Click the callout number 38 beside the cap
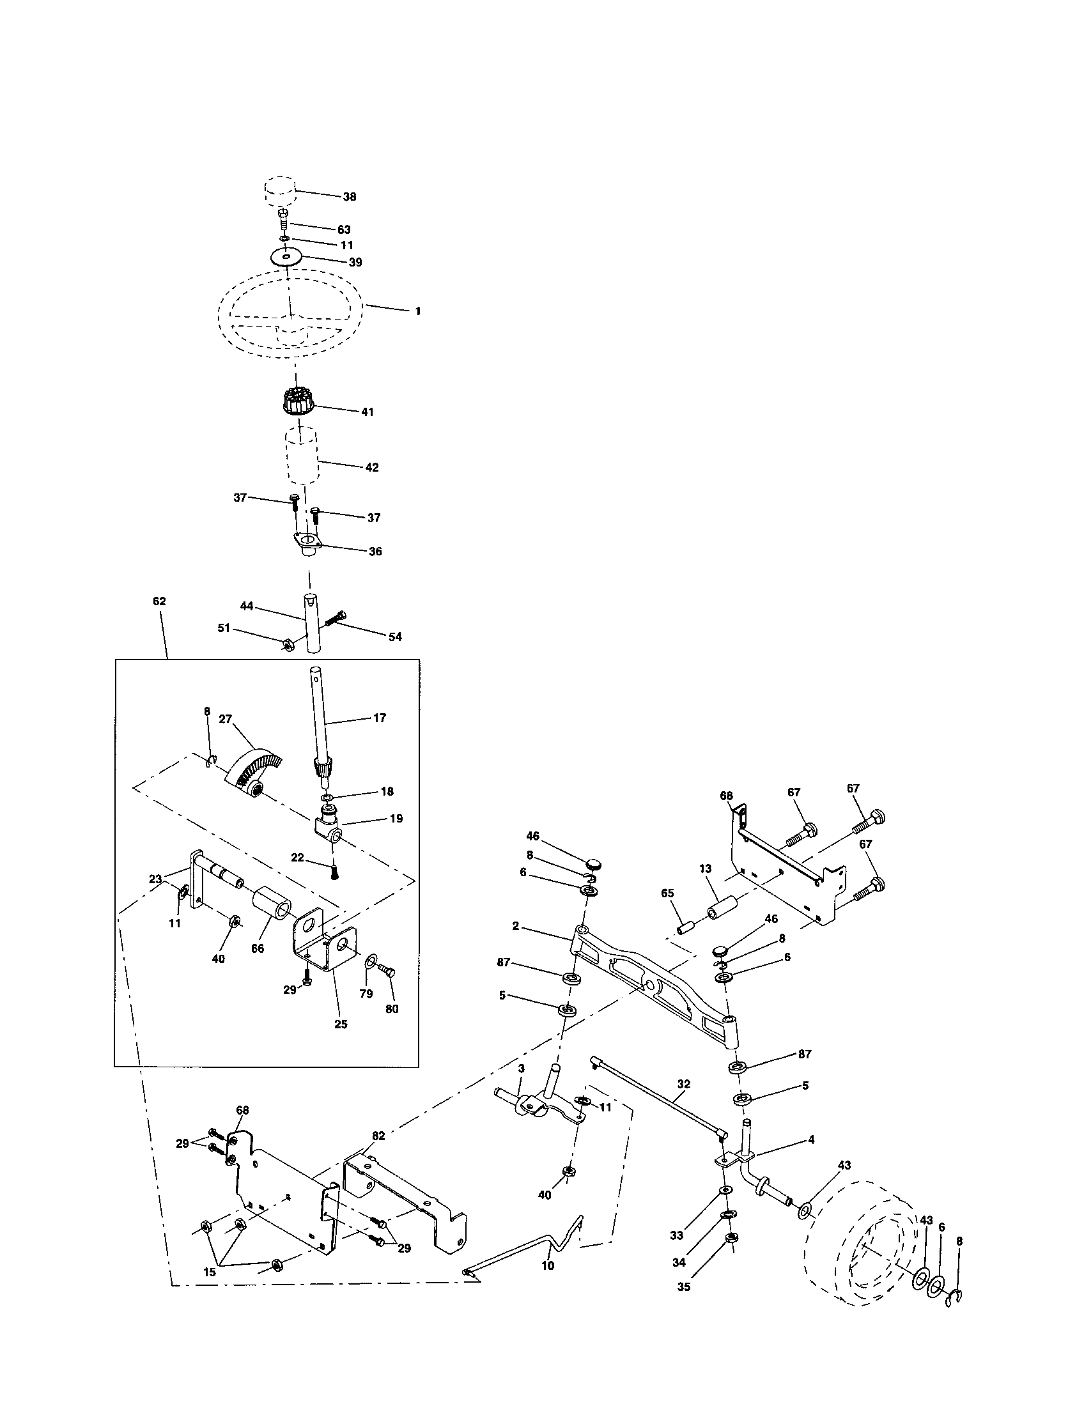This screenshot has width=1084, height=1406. pyautogui.click(x=349, y=197)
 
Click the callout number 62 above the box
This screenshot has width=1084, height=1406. pyautogui.click(x=159, y=601)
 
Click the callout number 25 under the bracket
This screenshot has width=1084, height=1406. pyautogui.click(x=341, y=1024)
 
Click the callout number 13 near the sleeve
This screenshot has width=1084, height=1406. pyautogui.click(x=706, y=869)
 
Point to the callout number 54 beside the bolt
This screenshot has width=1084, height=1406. pyautogui.click(x=394, y=637)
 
